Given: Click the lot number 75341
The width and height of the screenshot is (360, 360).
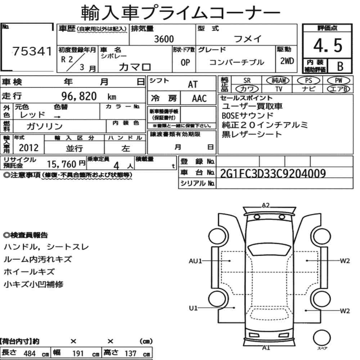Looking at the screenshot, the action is [x=32, y=51].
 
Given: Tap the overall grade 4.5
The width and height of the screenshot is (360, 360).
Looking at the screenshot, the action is [x=328, y=45].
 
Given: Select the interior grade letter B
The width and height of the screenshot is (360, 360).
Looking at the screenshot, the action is [x=340, y=66].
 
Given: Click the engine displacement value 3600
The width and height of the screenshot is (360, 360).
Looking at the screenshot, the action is [x=164, y=39].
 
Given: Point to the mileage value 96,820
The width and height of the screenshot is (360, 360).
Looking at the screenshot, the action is [x=79, y=96].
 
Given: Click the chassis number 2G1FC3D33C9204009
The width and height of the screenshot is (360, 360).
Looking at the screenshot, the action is [x=273, y=174].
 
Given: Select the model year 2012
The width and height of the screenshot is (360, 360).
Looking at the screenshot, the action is [x=29, y=148].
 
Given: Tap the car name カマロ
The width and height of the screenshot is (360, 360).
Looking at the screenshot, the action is [x=135, y=67].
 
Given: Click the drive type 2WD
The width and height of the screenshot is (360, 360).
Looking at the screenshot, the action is [x=287, y=61].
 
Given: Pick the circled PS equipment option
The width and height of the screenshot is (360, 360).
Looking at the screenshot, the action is [x=309, y=81].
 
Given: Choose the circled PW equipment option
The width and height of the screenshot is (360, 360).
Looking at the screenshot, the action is [x=339, y=81].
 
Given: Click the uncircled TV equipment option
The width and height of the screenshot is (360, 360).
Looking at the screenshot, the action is [x=279, y=89].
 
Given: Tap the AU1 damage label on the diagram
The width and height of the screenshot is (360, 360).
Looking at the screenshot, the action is [x=195, y=261].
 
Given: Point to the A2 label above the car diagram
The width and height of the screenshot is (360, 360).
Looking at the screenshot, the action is [x=266, y=205].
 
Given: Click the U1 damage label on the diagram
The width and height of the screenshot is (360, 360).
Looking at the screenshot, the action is [x=193, y=308].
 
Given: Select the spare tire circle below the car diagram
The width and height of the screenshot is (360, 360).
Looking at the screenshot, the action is [x=322, y=338].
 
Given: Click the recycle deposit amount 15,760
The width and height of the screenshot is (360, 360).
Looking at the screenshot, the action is [x=62, y=164].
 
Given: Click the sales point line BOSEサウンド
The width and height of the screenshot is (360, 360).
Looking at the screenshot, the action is [x=248, y=116].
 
